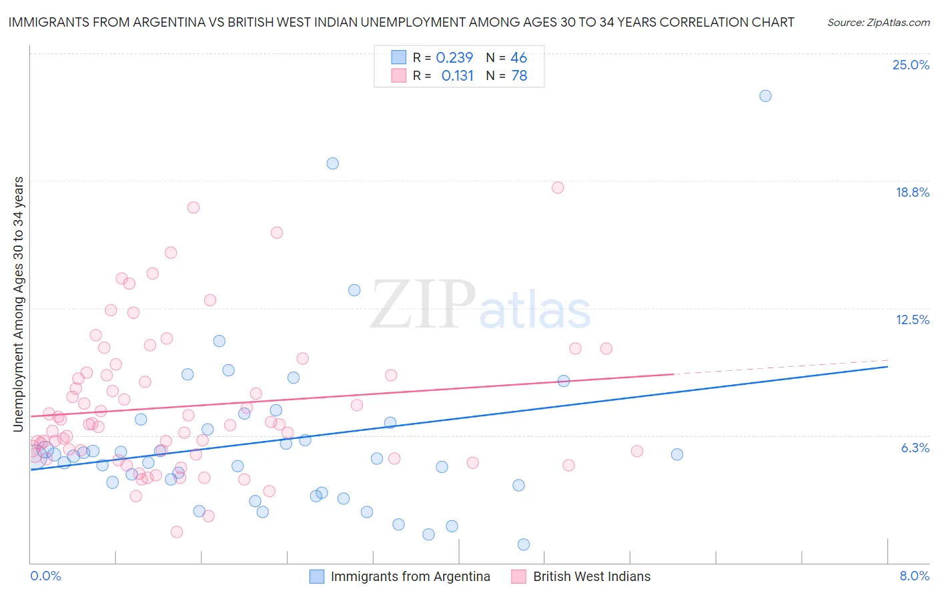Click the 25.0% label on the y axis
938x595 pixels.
(x=911, y=65)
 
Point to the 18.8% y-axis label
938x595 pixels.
(x=912, y=192)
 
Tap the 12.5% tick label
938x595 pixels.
(x=912, y=320)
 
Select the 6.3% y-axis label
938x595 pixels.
(x=915, y=448)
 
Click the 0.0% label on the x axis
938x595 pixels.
(x=45, y=576)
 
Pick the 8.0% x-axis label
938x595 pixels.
(x=914, y=576)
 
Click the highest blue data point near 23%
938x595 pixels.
(x=765, y=96)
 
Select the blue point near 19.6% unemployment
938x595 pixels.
(x=332, y=163)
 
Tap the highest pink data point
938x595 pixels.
(x=558, y=187)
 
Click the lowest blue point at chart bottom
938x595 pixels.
(x=524, y=544)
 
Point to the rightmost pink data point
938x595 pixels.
(x=636, y=451)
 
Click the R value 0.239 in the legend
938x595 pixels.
(x=454, y=58)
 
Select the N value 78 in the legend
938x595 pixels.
(x=519, y=76)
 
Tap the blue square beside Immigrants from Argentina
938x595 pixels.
(x=317, y=576)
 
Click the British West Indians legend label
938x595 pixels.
(x=591, y=576)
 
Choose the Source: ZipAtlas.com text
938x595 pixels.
(x=878, y=22)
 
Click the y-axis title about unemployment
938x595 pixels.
(x=18, y=304)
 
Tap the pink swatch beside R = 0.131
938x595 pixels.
(x=398, y=75)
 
